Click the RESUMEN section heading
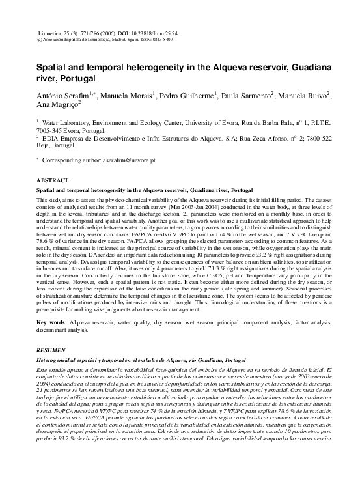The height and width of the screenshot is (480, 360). [x=51, y=350]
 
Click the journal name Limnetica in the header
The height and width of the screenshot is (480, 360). [x=51, y=32]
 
